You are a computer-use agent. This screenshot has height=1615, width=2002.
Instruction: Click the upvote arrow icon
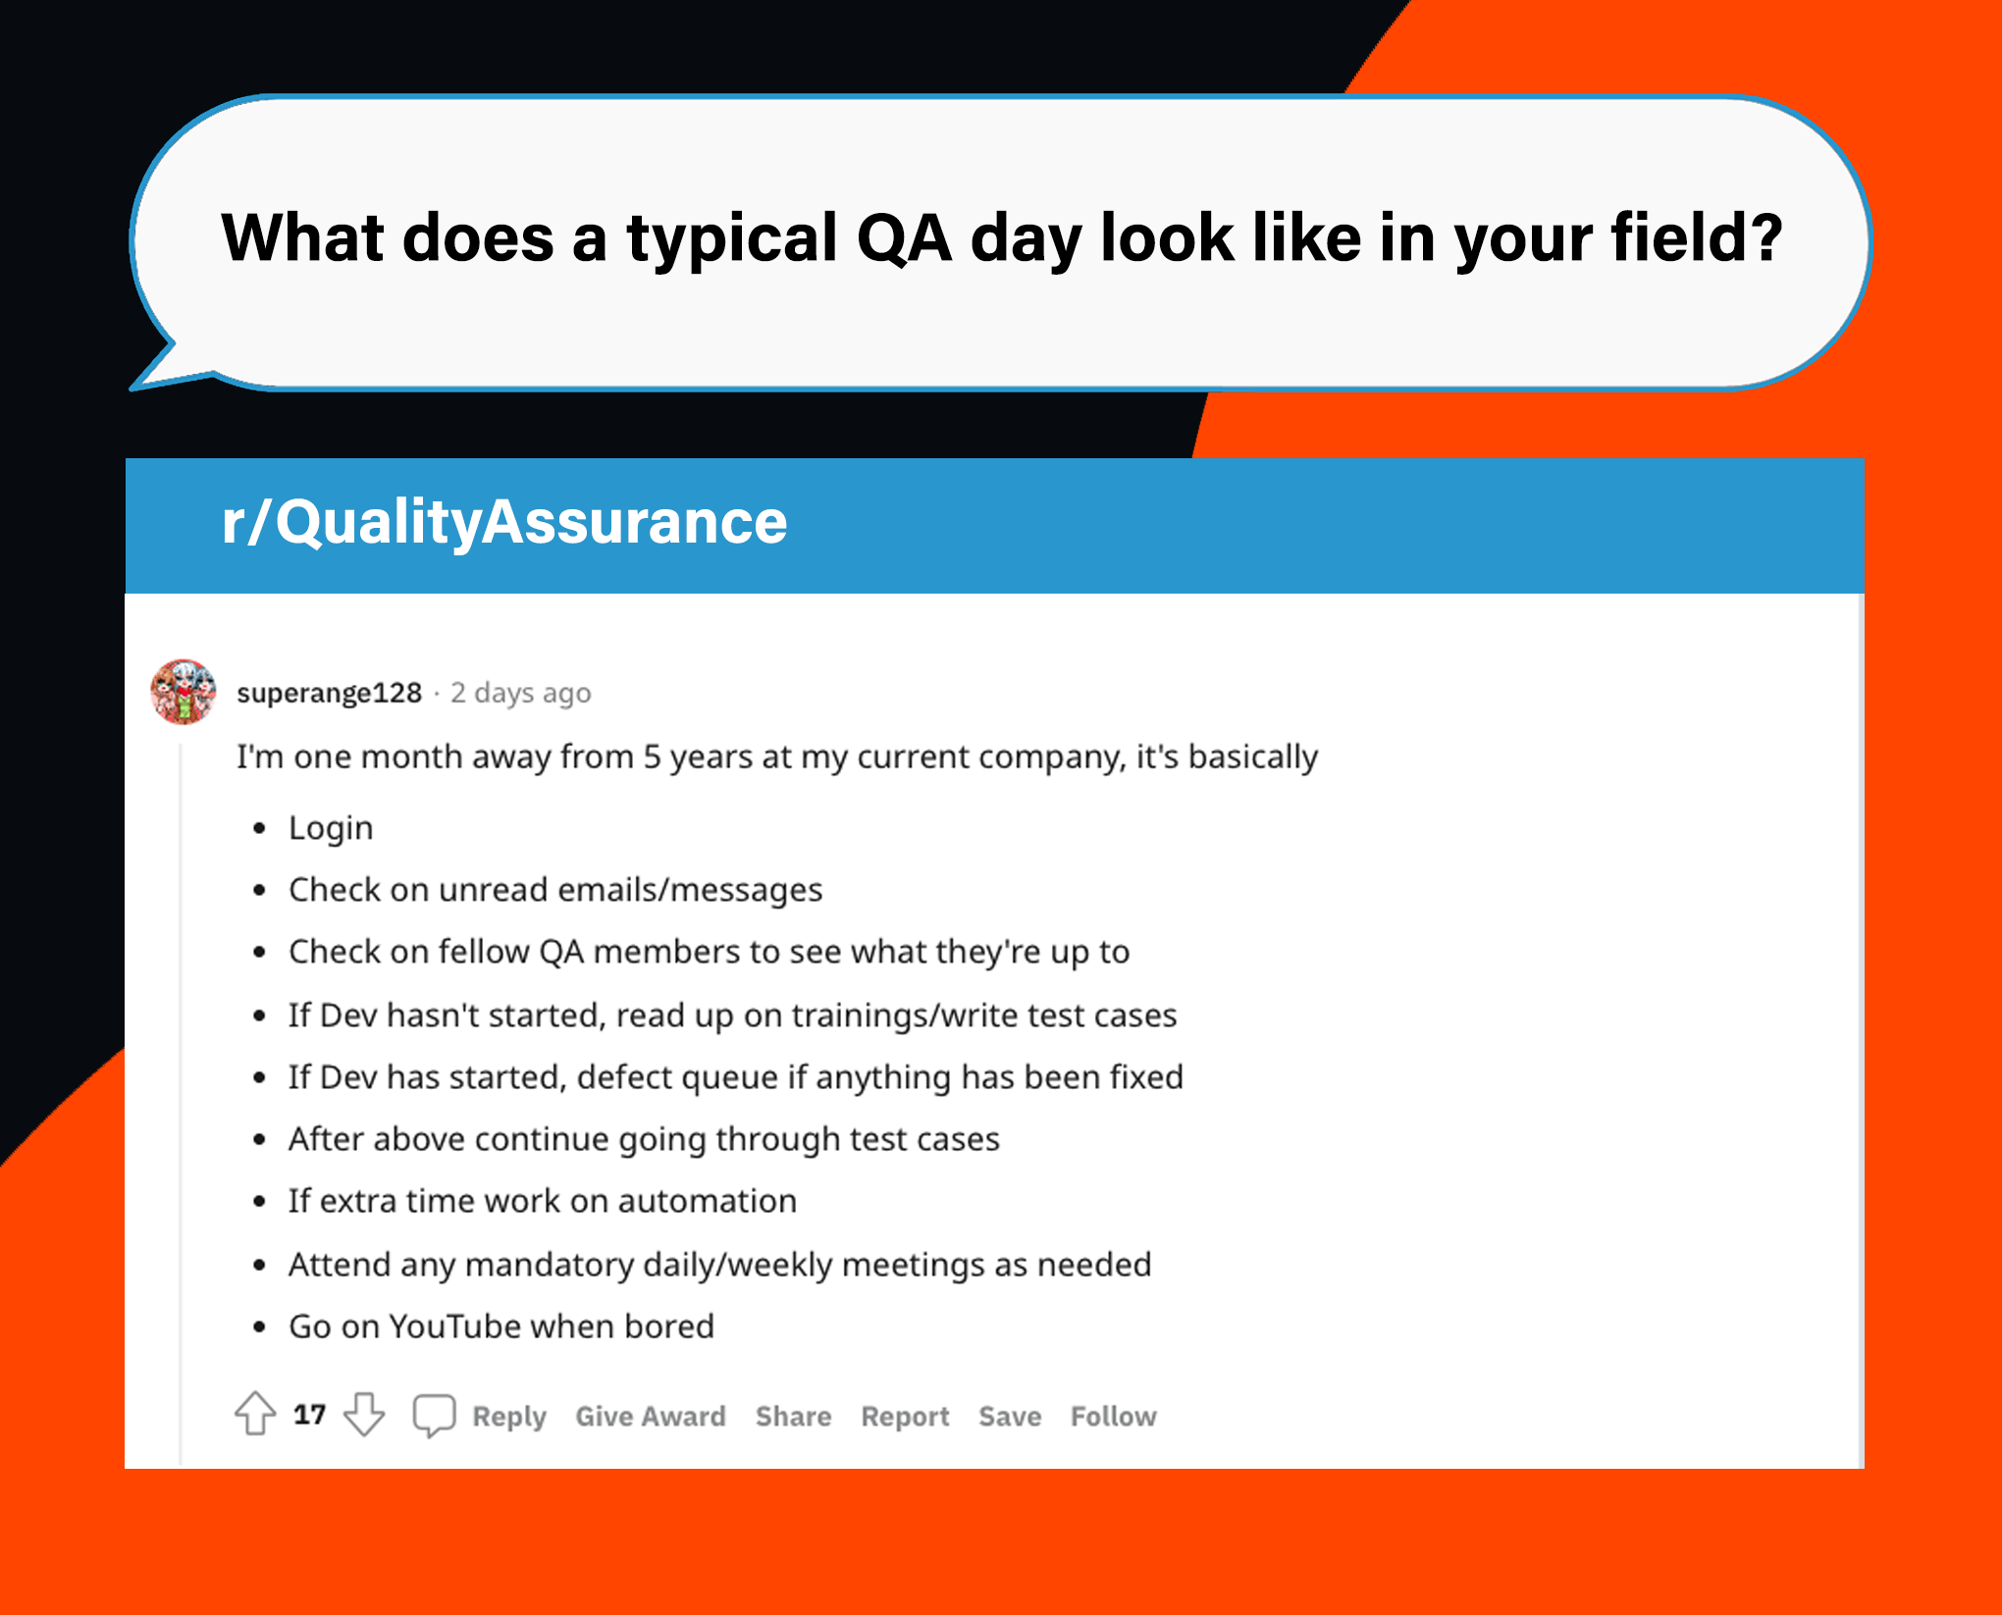255,1414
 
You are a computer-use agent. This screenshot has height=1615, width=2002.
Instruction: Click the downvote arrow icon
364,1415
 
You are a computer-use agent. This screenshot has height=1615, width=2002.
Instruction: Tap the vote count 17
309,1414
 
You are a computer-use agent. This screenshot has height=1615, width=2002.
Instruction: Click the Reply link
508,1417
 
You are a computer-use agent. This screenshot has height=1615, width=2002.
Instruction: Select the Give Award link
651,1416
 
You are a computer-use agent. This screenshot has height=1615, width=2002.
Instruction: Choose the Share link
793,1416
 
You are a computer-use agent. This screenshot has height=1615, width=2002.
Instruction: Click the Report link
905,1417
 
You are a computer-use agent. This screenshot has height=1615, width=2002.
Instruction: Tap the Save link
1010,1416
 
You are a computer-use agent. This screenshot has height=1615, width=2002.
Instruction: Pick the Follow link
1114,1416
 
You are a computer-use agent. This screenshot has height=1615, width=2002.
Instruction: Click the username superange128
330,693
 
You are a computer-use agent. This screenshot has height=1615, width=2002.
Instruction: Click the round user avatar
183,692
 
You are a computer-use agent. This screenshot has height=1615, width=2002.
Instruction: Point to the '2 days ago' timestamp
521,693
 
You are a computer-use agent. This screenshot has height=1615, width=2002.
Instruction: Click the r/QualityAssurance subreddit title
504,521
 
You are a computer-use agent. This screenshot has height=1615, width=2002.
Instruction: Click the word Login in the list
331,828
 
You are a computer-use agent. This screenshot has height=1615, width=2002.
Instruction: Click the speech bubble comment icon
434,1416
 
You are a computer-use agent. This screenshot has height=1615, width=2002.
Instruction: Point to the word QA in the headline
904,238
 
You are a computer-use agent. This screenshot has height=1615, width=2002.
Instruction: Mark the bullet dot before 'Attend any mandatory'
259,1265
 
